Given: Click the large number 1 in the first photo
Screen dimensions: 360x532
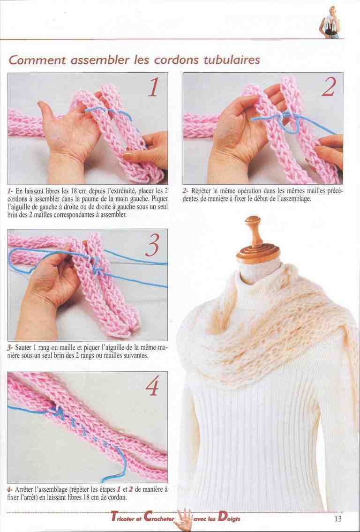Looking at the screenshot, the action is tap(154, 87).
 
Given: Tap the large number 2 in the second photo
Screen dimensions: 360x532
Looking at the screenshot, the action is tap(329, 87).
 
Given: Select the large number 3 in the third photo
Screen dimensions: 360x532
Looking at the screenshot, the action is tap(152, 245).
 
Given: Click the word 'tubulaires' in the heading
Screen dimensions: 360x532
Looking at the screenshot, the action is tap(232, 60).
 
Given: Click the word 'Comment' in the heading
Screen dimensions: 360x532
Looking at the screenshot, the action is tap(37, 60).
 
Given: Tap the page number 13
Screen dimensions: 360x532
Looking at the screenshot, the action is tap(337, 518).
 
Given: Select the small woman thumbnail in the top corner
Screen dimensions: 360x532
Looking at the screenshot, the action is tap(330, 22).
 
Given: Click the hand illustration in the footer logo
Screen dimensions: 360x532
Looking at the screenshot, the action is tap(184, 519).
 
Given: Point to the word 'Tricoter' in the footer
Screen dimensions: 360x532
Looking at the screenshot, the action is tap(125, 518).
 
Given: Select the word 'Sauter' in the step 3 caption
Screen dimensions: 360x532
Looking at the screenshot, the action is tap(23, 348).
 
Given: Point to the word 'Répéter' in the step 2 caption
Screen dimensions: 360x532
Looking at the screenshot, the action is tap(201, 191).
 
